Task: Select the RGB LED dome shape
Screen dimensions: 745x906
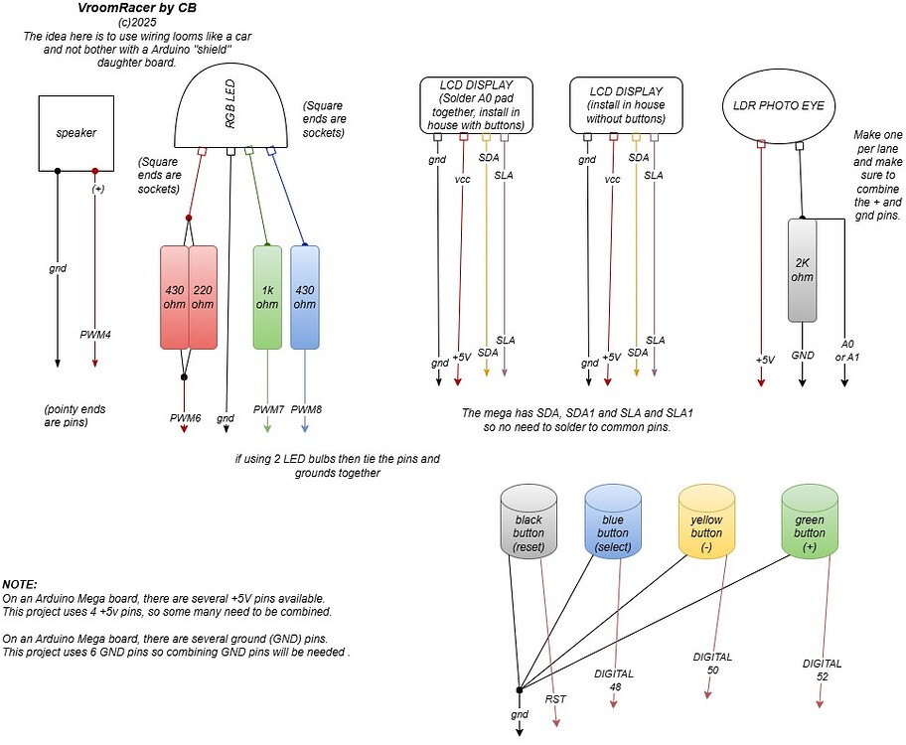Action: point(229,109)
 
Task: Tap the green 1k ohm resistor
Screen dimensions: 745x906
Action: point(267,296)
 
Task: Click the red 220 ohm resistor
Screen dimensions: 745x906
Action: point(203,296)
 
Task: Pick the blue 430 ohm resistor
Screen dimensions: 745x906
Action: point(305,296)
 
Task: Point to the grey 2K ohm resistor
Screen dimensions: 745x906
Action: point(802,269)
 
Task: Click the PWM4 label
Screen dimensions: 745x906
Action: point(95,335)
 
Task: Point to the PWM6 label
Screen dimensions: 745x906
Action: point(185,418)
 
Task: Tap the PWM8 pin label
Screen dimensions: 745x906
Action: point(307,409)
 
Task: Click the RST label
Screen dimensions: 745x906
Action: point(555,699)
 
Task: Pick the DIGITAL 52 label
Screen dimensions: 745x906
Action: point(822,670)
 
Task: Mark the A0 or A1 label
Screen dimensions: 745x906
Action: point(847,350)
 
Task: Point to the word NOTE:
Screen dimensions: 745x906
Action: point(21,585)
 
